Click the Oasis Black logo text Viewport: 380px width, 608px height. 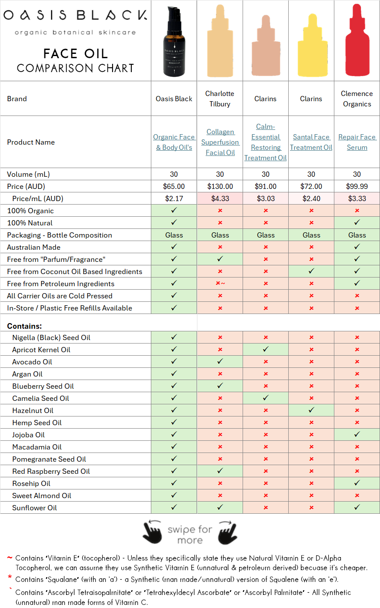coord(75,16)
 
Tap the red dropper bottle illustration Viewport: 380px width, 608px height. coord(357,43)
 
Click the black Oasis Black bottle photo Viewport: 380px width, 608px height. coord(174,43)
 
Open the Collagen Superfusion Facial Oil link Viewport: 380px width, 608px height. coord(220,142)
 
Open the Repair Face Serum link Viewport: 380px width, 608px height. coord(357,142)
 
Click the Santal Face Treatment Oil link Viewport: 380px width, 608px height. coord(311,142)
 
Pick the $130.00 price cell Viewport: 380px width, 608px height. coord(220,186)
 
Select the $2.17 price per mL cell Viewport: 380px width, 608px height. coord(174,198)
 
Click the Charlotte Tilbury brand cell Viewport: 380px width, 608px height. coord(220,99)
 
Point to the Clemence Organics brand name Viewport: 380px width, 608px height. coord(357,99)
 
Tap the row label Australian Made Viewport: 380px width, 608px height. coord(34,247)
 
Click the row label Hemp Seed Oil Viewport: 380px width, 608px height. coord(37,423)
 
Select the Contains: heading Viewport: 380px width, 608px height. coord(24,326)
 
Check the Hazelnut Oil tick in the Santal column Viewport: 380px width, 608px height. coord(311,410)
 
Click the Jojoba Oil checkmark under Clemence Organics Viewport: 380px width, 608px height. coord(357,434)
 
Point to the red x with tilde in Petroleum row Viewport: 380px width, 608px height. coord(220,284)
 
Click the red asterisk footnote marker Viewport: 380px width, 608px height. coord(10,578)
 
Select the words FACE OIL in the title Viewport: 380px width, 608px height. coord(75,53)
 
